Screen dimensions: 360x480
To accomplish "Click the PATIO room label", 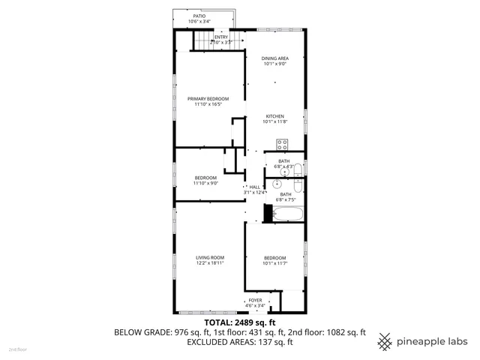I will tap(199, 16).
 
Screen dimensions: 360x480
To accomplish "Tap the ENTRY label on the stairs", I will tap(221, 37).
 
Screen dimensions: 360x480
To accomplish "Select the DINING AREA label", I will tap(275, 58).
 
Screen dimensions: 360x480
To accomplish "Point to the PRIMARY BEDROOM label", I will tap(208, 99).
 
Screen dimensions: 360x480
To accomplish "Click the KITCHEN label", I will tap(275, 116).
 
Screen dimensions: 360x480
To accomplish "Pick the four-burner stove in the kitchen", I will tap(283, 144).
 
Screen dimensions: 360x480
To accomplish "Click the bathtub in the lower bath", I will tap(288, 215).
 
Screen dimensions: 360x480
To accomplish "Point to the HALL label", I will tap(254, 187).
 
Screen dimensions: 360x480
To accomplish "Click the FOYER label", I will tap(256, 300).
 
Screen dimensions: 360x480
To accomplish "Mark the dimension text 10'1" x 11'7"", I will tap(275, 263).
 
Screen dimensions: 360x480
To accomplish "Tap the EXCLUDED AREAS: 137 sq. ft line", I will tap(239, 342).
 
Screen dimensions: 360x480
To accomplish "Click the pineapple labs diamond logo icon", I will tap(385, 340).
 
